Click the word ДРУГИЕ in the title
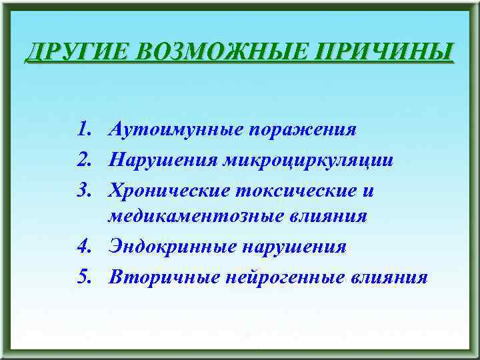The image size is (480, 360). click(x=71, y=51)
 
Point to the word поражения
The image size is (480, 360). click(x=303, y=129)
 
